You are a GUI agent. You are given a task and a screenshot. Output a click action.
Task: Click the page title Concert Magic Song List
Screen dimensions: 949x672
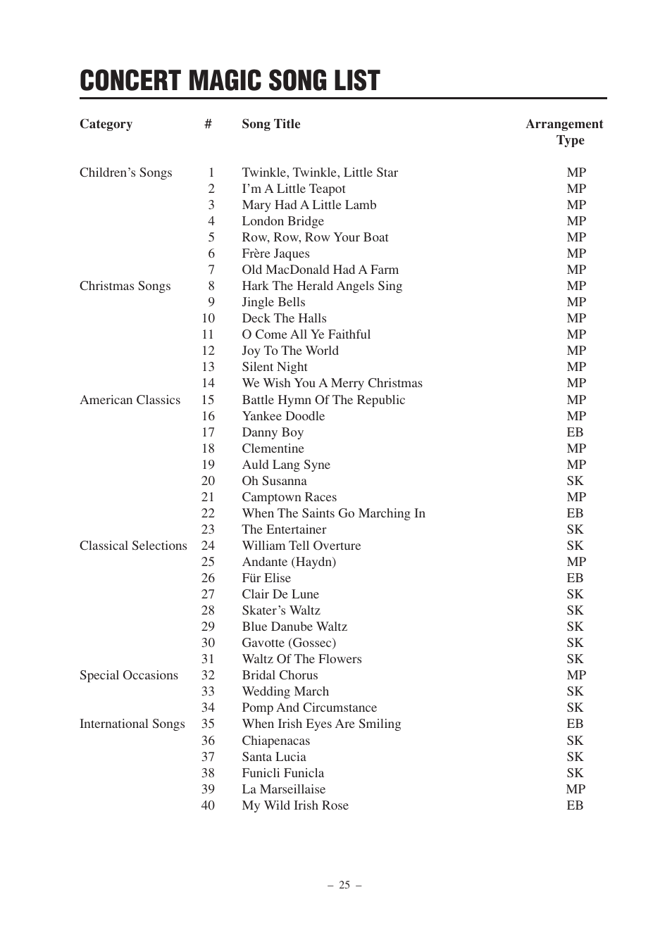point(230,81)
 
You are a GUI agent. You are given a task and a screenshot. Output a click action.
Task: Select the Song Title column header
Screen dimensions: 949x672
point(270,124)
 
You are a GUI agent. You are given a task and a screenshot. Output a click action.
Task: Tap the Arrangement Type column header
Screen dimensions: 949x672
point(564,132)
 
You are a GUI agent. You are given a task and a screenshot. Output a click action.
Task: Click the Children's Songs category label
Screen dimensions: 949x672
point(125,172)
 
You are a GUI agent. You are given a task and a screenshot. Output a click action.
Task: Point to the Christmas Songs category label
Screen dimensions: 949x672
point(125,286)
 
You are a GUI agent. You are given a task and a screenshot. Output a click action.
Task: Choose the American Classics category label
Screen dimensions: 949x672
point(130,400)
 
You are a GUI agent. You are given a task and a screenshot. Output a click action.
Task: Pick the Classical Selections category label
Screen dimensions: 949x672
point(133,546)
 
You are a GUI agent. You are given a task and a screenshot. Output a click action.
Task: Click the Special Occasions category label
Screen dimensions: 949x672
point(128,675)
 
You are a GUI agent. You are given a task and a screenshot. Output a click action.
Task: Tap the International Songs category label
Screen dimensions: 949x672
point(132,724)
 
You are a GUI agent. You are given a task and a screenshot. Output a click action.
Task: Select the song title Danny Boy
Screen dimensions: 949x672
point(273,432)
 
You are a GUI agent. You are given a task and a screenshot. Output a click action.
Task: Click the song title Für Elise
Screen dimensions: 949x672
point(266,578)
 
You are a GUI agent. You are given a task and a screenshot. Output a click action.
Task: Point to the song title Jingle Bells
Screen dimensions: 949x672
point(273,302)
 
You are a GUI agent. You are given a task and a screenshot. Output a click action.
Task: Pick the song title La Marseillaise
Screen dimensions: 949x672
point(283,789)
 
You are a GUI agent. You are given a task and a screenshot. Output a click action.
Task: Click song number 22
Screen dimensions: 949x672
point(208,513)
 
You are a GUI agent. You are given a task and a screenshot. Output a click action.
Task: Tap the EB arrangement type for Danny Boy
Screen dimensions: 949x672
point(575,432)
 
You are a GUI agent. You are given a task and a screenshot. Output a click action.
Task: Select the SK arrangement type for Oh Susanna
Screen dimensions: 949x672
point(575,481)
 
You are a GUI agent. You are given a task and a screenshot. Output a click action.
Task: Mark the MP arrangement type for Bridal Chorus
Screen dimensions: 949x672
point(576,675)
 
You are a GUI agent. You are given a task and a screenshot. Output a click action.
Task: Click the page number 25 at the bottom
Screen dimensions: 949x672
point(344,885)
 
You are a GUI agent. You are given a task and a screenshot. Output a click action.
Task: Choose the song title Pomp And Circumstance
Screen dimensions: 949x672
point(309,708)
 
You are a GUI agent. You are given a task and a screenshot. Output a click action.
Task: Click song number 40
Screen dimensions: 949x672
point(208,805)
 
